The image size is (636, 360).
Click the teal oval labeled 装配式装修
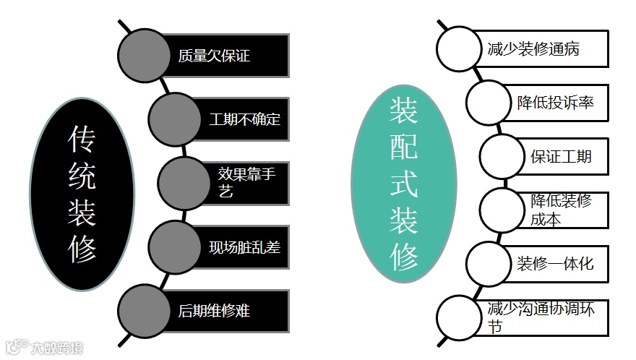tap(405, 185)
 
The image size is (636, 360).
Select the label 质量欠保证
tap(214, 56)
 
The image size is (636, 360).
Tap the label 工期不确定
tap(244, 119)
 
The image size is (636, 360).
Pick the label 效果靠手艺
tap(246, 182)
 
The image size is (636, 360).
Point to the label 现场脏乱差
tap(244, 247)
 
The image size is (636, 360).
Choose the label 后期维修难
tap(214, 311)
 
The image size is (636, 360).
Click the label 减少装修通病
tap(533, 50)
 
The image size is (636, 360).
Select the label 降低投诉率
tap(555, 103)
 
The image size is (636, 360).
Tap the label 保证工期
tap(561, 156)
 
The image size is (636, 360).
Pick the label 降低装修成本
tap(561, 210)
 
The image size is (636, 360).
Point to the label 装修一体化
tap(555, 262)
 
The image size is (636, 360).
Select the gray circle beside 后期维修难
tap(145, 311)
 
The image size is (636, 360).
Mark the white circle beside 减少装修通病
tap(458, 49)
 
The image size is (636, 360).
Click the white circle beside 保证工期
tap(502, 156)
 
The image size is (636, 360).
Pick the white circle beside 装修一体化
tap(488, 262)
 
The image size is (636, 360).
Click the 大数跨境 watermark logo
tap(43, 348)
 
